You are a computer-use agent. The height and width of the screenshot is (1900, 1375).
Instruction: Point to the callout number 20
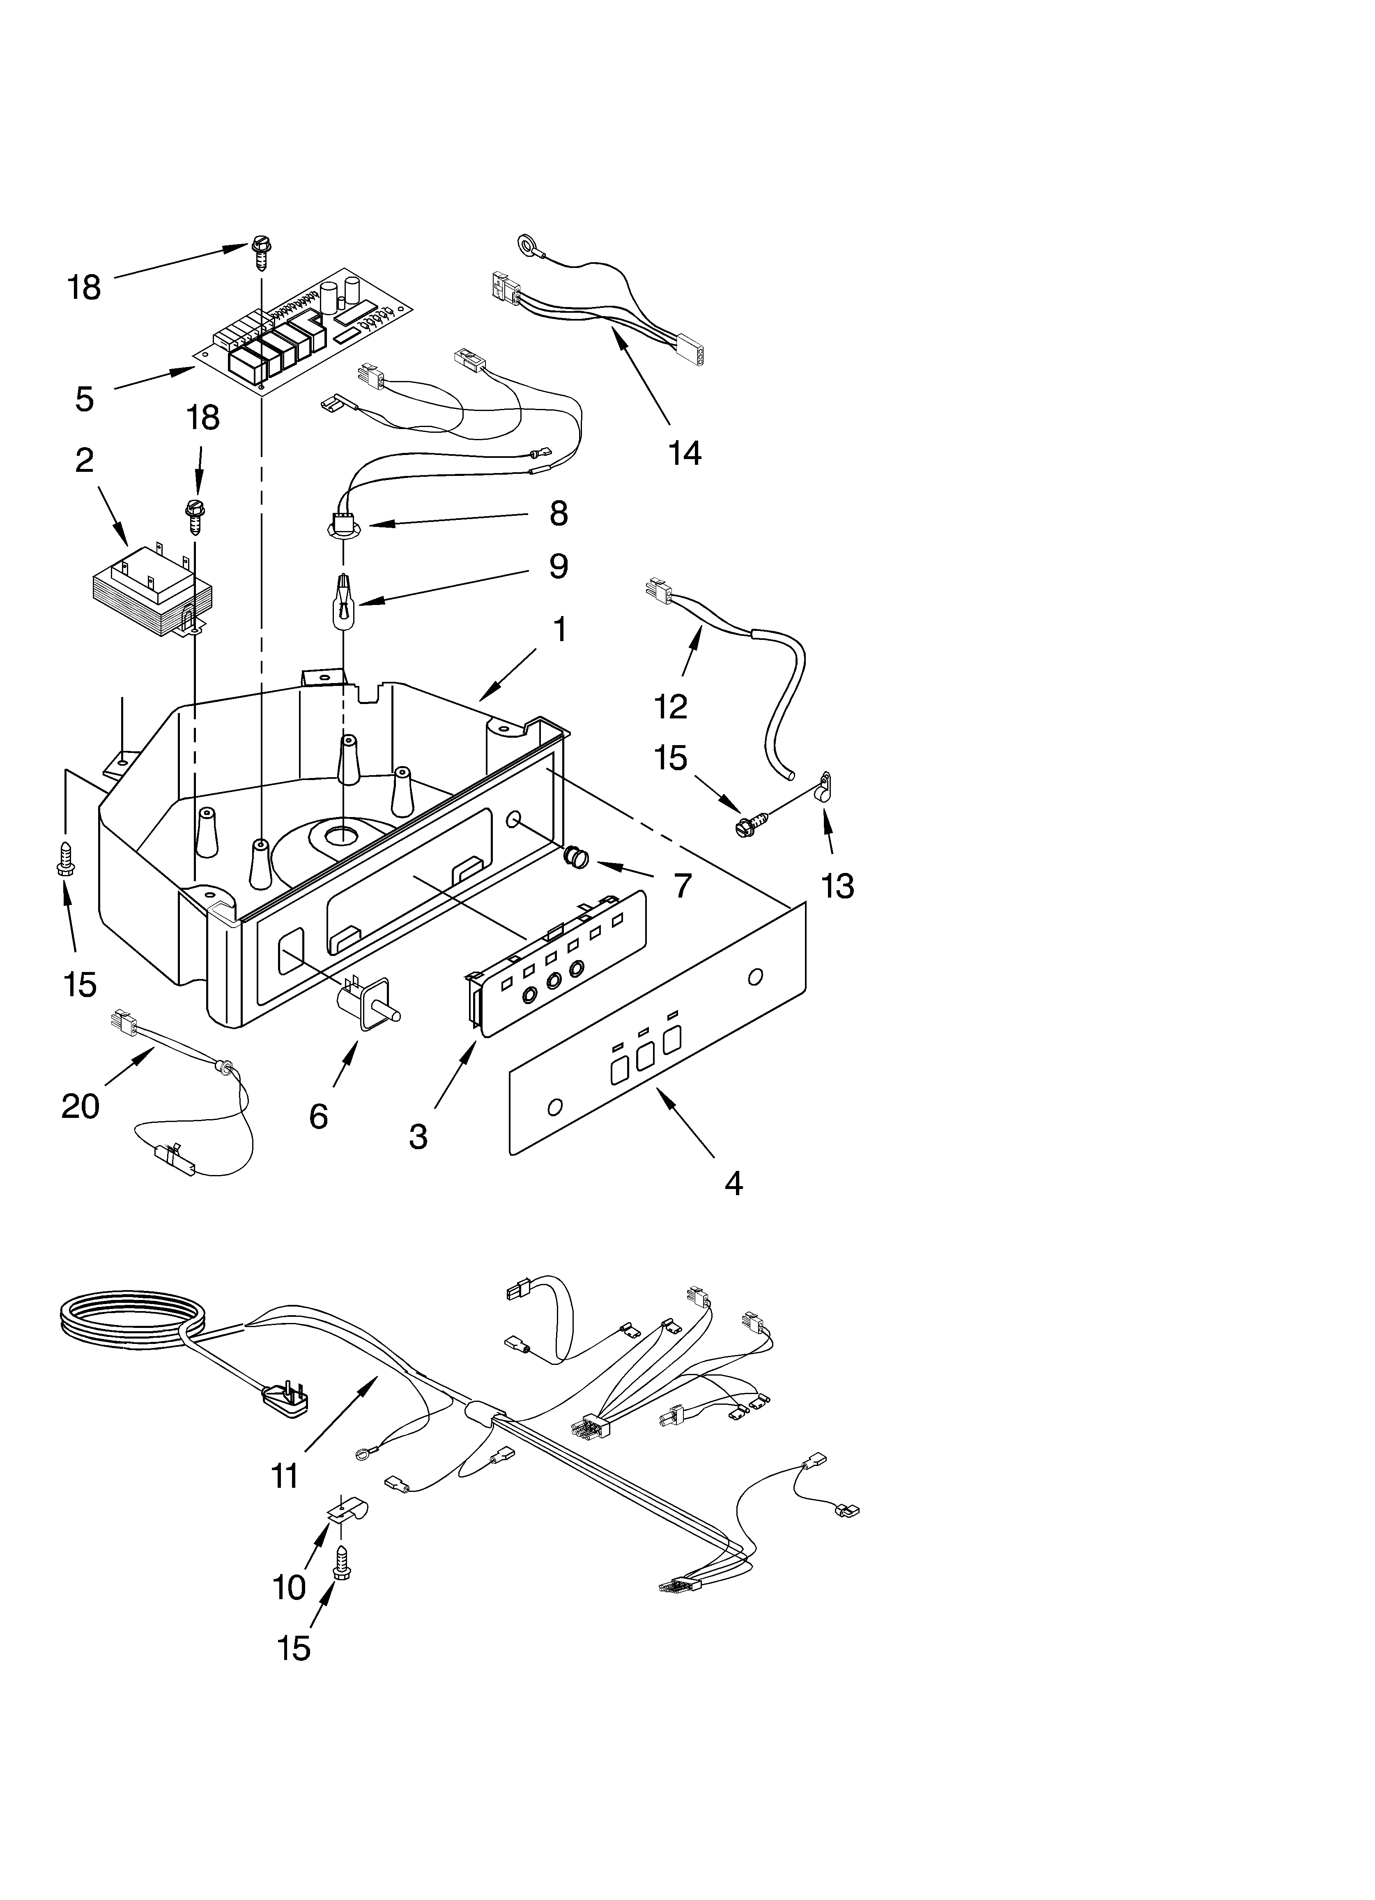coord(80,1106)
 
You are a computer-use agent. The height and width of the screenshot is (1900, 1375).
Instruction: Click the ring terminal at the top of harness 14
coord(528,245)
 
